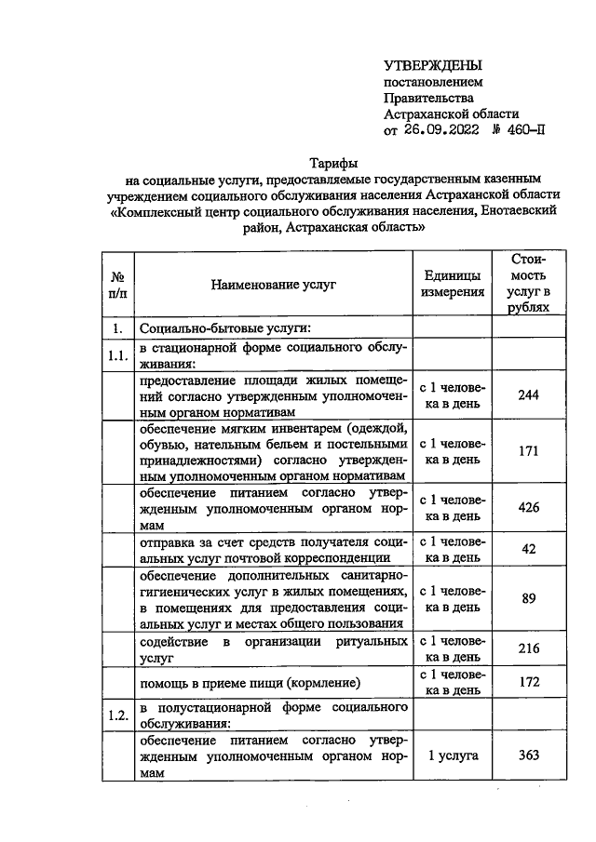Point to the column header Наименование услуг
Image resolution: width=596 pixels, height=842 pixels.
(273, 284)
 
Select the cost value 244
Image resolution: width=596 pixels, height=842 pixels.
(528, 394)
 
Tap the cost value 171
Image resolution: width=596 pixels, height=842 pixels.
(528, 451)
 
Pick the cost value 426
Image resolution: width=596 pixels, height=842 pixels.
(528, 507)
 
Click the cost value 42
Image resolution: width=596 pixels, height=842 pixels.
(528, 549)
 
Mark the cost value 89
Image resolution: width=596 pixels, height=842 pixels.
(528, 598)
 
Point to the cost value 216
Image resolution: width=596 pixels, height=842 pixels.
(528, 649)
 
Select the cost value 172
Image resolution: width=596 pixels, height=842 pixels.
(528, 682)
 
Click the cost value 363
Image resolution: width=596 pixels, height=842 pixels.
(528, 755)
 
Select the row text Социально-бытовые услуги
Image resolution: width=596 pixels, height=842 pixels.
(224, 328)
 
